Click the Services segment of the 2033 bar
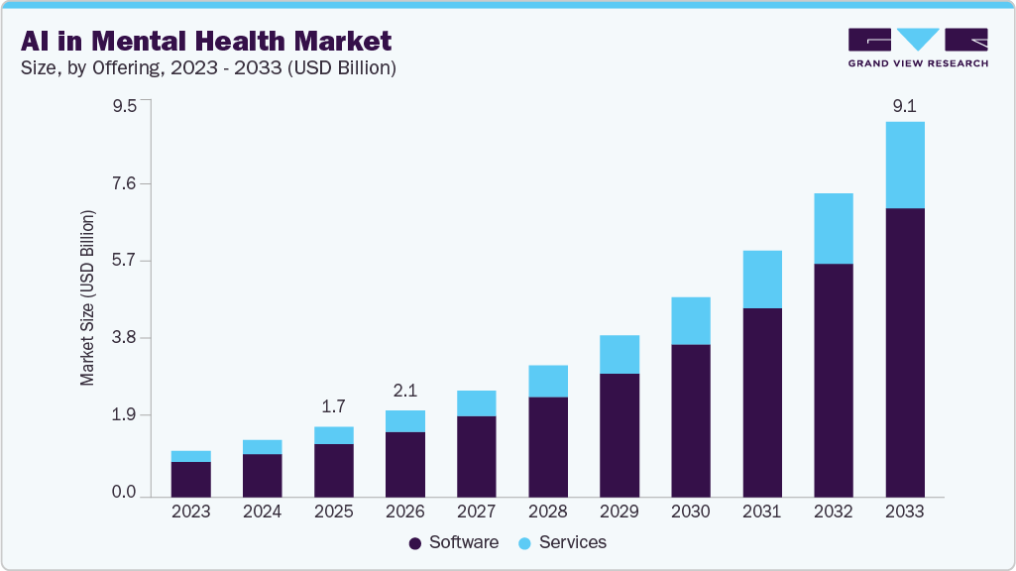[904, 165]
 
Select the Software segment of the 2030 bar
[690, 420]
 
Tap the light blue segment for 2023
[190, 456]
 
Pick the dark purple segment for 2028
[547, 446]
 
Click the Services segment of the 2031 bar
[761, 279]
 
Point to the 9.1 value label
[904, 105]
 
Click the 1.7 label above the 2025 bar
[333, 406]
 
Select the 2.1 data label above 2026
[404, 391]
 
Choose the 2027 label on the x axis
[476, 513]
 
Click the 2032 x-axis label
[833, 513]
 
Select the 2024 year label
[262, 513]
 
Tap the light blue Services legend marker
[524, 543]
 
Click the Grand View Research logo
[918, 47]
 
